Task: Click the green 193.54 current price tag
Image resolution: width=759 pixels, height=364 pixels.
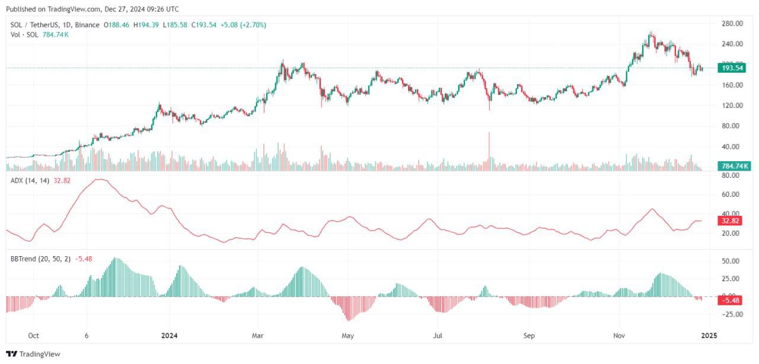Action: [x=732, y=68]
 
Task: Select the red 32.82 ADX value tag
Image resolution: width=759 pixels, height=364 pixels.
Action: [x=730, y=221]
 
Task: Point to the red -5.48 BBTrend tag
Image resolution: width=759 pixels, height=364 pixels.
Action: [x=730, y=301]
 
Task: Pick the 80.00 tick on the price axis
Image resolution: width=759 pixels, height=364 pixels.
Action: [x=730, y=126]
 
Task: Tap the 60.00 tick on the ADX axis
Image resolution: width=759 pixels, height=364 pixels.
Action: [x=730, y=194]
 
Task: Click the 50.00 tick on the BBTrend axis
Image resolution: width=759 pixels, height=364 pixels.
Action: [x=730, y=261]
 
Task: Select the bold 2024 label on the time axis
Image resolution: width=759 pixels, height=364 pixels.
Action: [x=169, y=336]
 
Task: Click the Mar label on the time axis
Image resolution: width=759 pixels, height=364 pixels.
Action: [x=257, y=336]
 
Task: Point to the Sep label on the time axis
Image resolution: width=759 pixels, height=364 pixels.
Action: [x=529, y=336]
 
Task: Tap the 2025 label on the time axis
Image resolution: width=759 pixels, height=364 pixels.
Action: [x=709, y=336]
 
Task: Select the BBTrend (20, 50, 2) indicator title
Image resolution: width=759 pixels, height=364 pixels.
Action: [x=41, y=259]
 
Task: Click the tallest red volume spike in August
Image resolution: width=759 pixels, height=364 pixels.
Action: [x=489, y=146]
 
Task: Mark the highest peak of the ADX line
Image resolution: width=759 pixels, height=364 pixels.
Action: [x=99, y=179]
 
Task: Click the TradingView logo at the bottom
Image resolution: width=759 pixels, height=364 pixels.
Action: [x=33, y=354]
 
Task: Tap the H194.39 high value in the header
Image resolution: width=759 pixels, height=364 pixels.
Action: [x=146, y=25]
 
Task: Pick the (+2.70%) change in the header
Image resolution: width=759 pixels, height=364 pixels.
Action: [x=253, y=25]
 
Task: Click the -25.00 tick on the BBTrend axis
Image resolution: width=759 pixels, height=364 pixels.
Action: [x=729, y=314]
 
